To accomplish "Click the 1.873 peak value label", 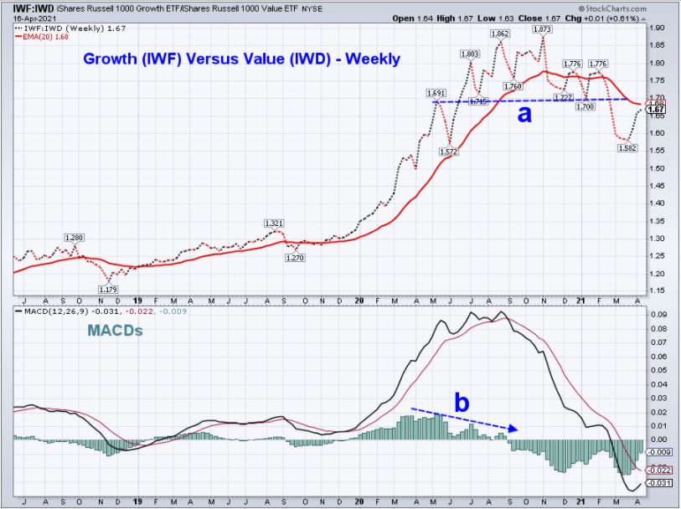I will coord(542,28).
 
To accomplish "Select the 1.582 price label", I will coord(627,148).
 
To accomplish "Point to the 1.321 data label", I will coord(274,223).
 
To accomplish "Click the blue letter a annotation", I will coord(524,115).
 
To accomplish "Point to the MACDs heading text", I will coord(116,332).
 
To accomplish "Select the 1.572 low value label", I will coord(450,152).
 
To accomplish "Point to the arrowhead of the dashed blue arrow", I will coord(514,429).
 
